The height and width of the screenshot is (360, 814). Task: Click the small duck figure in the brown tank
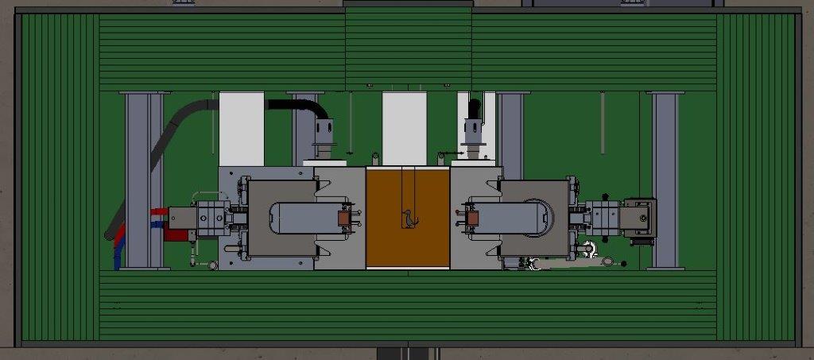tap(409, 218)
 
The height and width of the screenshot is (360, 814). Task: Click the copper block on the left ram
tap(345, 218)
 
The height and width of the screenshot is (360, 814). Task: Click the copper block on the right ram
tap(471, 217)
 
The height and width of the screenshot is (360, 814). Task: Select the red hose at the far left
tap(158, 212)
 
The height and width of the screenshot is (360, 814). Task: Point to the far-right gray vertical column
tap(665, 180)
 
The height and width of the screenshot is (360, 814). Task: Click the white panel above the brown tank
tap(404, 127)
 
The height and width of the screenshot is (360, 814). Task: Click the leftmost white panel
tap(241, 128)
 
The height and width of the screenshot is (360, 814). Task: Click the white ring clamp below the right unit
tap(589, 249)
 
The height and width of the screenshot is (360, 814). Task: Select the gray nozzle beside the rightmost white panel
tap(475, 135)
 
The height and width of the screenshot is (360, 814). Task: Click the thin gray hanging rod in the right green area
tap(602, 122)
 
